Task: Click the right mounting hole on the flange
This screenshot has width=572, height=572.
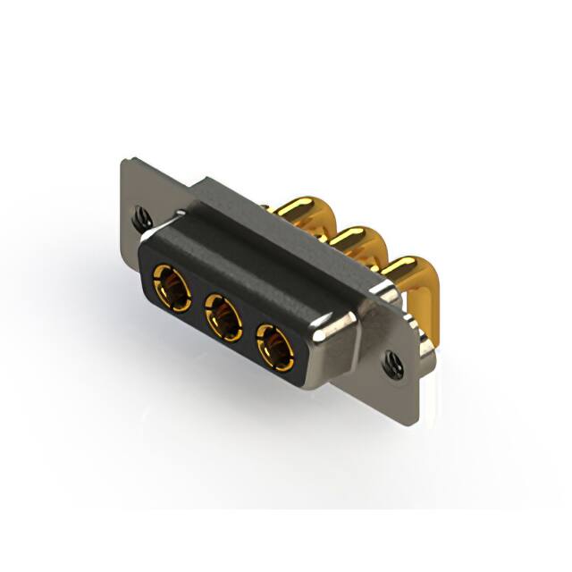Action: (x=391, y=362)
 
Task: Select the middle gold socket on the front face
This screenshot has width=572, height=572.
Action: (x=223, y=314)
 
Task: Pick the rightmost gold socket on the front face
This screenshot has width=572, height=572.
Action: (x=275, y=345)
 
